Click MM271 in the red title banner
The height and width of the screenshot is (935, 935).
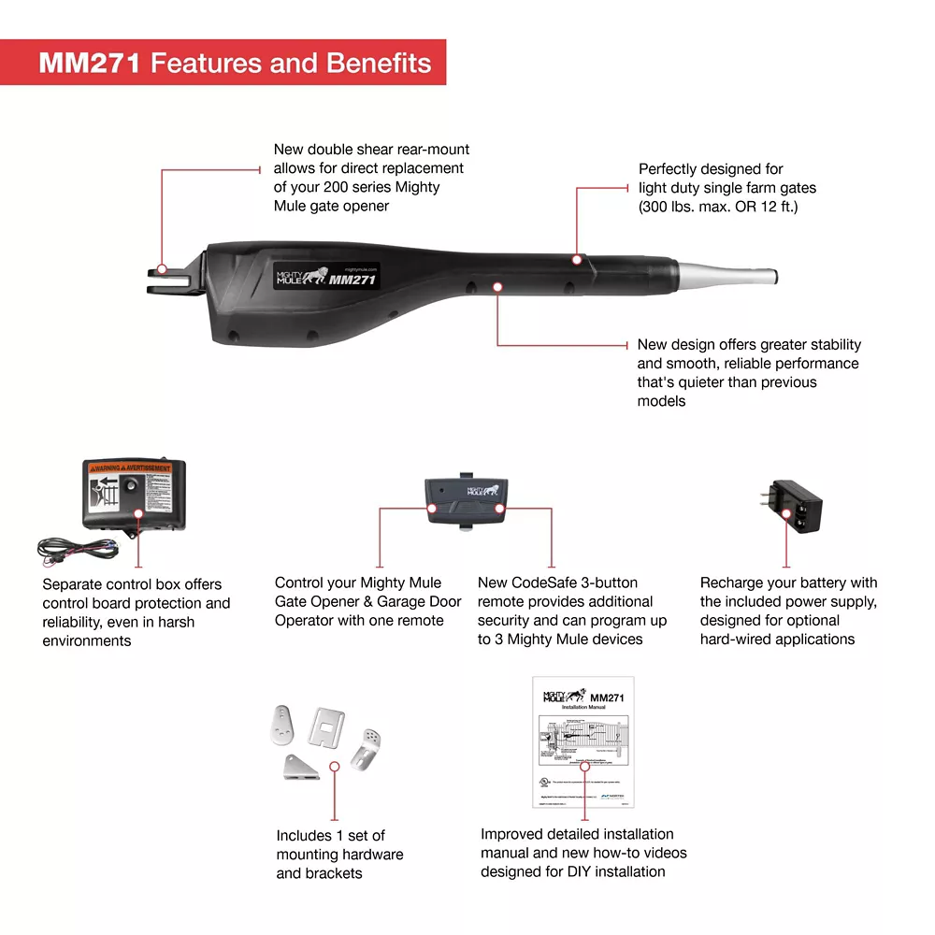[90, 63]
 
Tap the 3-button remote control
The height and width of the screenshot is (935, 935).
[467, 500]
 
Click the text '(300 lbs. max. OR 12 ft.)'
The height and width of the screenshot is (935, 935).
[718, 206]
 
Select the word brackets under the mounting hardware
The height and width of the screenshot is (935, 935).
[334, 873]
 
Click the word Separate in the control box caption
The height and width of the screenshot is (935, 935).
[75, 584]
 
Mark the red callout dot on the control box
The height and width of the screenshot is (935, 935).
[138, 512]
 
